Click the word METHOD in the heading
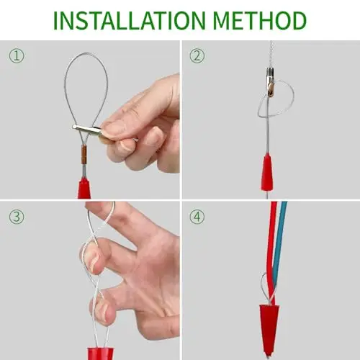pos(259,20)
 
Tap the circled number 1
pos(17,56)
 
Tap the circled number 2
pos(197,56)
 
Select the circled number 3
pos(17,217)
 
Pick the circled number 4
pos(197,217)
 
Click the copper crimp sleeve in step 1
pos(84,155)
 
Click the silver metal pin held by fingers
pos(88,130)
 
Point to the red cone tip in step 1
pos(84,188)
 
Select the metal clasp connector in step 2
pos(271,82)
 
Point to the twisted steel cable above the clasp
pos(271,55)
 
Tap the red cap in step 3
pos(100,354)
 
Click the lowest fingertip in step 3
pos(101,311)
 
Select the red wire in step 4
pos(271,252)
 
